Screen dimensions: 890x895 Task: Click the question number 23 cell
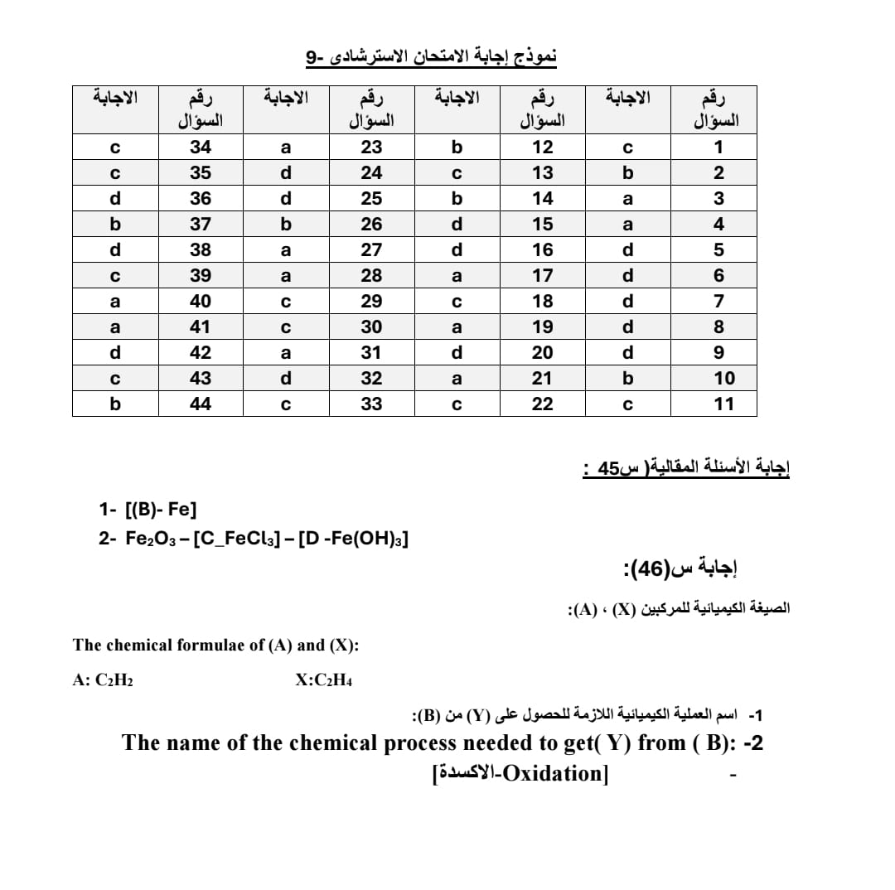tap(372, 148)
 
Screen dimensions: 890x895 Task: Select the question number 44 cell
tap(200, 404)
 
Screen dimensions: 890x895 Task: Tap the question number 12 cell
tap(542, 148)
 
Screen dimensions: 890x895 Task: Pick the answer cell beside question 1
tap(627, 148)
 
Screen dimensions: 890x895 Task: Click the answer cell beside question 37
tap(115, 224)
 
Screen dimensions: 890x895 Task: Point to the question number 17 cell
tap(542, 275)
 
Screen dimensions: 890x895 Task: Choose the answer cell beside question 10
tap(627, 378)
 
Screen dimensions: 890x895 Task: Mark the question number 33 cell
tap(372, 404)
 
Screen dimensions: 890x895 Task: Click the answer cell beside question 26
tap(286, 224)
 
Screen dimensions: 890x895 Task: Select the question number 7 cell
tap(718, 301)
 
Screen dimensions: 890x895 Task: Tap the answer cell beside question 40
tap(115, 301)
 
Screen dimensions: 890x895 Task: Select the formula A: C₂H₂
tap(104, 680)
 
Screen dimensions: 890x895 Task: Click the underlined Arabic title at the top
tap(432, 57)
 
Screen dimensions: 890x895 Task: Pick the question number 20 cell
tap(542, 352)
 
